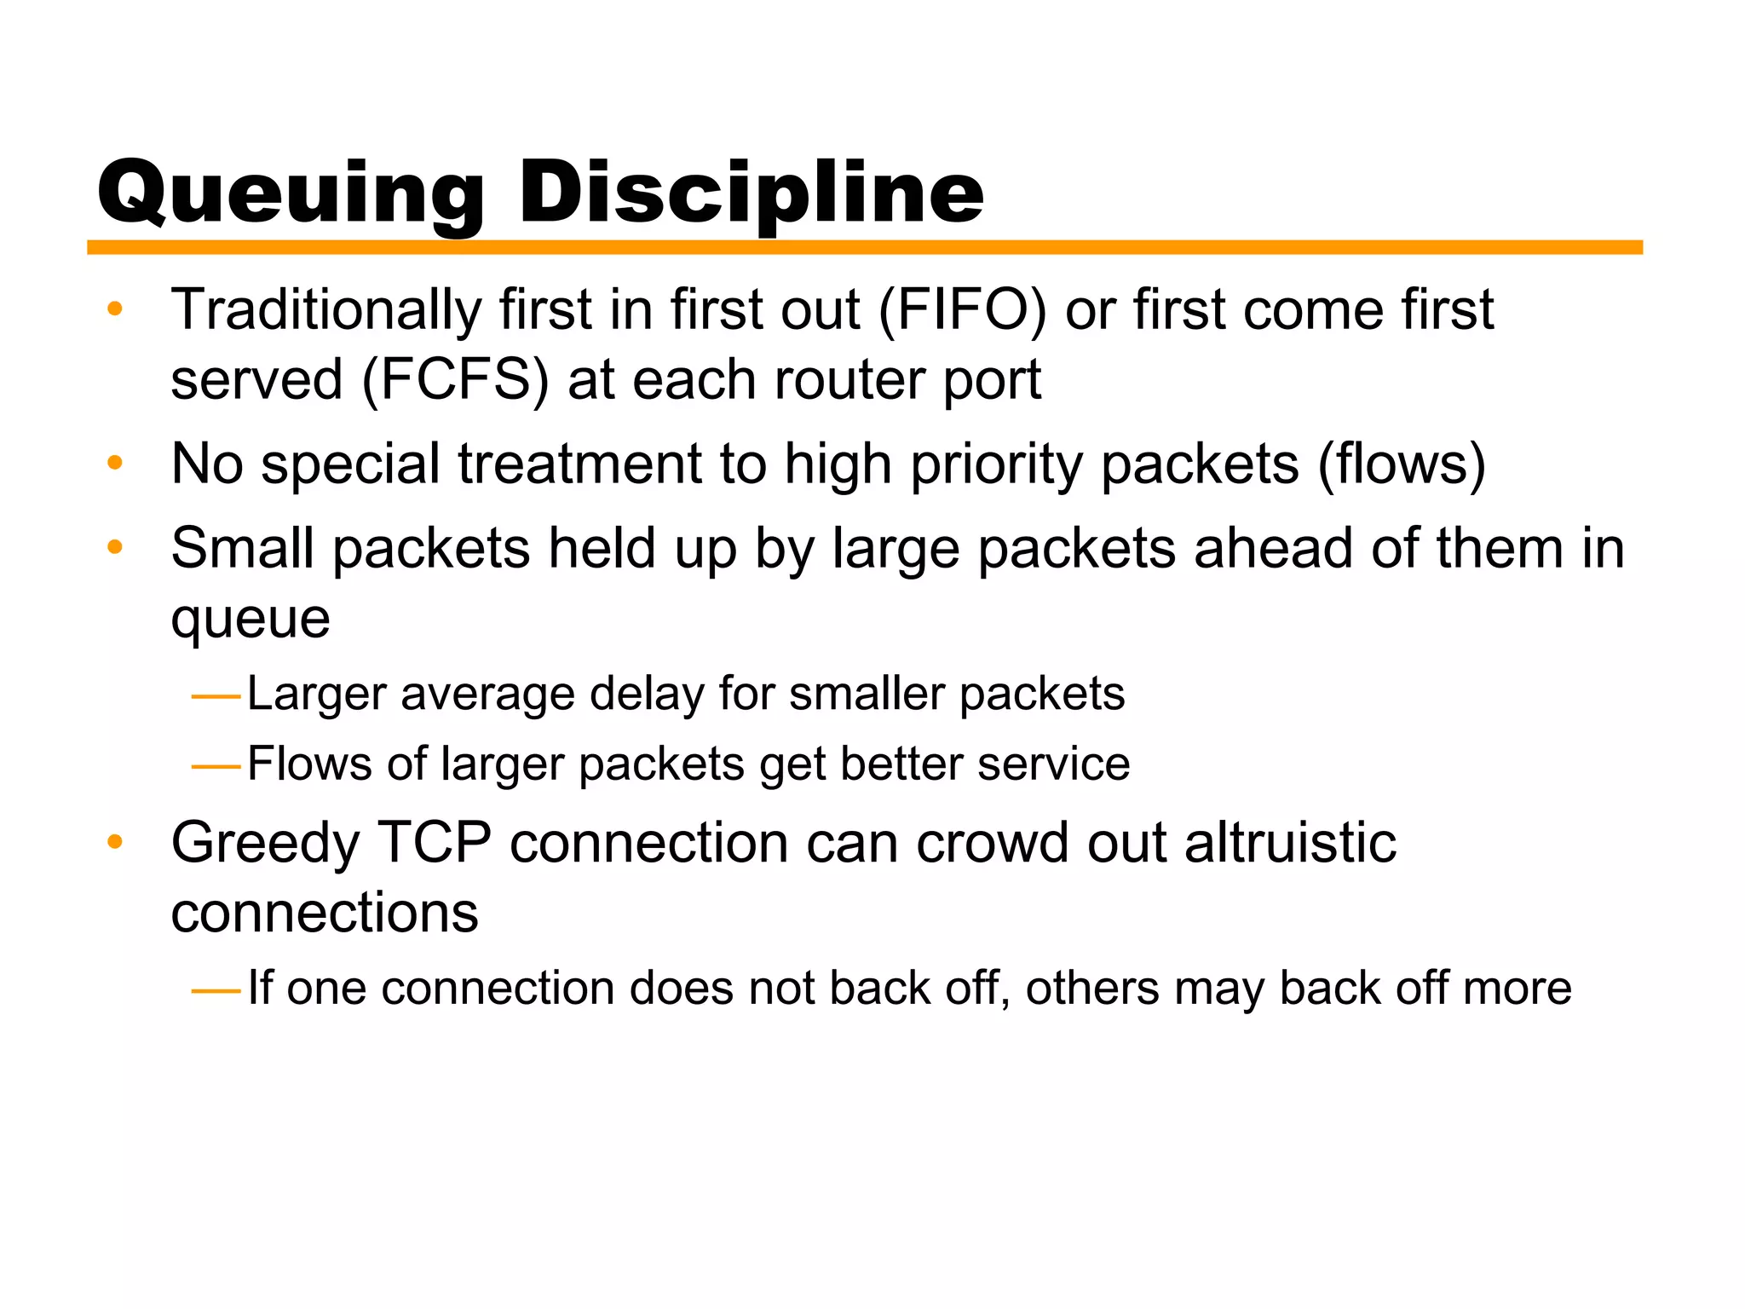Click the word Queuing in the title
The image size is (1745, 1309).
[x=291, y=194]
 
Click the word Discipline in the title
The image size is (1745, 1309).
[x=752, y=194]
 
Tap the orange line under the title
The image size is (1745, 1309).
[x=864, y=247]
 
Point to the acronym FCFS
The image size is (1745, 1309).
[x=456, y=379]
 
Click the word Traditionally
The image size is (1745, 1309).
[x=326, y=310]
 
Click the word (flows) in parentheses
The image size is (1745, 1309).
[x=1402, y=464]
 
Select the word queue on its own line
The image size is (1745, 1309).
[x=251, y=620]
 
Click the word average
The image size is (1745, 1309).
[x=488, y=695]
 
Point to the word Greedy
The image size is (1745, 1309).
[x=266, y=845]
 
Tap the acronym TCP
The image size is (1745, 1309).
[x=435, y=843]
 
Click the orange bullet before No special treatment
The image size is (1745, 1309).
[x=115, y=464]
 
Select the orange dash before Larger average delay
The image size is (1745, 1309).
[x=216, y=697]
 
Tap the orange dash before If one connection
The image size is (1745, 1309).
[x=216, y=991]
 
